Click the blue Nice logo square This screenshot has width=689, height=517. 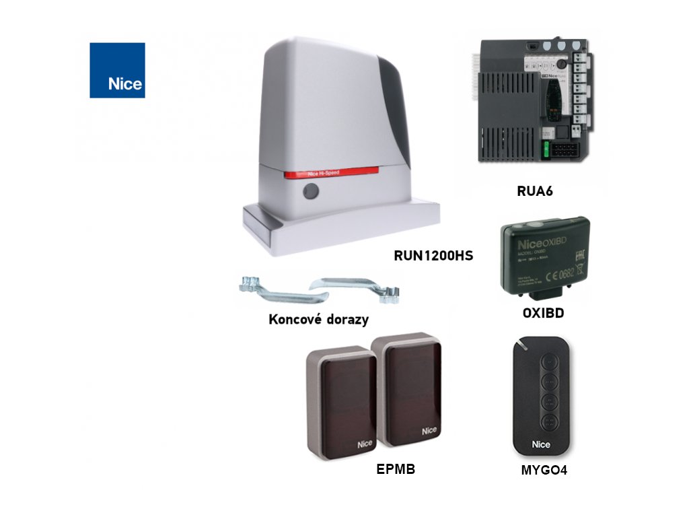[x=117, y=70]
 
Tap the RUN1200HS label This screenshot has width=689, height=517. [x=433, y=255]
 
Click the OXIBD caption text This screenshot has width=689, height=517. [x=543, y=313]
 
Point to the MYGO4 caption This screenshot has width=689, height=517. [x=544, y=471]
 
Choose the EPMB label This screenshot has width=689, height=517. [x=396, y=469]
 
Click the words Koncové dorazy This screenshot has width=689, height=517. [x=318, y=319]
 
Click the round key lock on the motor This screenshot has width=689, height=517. [x=310, y=192]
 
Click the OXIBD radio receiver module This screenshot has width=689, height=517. [x=544, y=256]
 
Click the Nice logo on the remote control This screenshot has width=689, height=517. [x=541, y=444]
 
